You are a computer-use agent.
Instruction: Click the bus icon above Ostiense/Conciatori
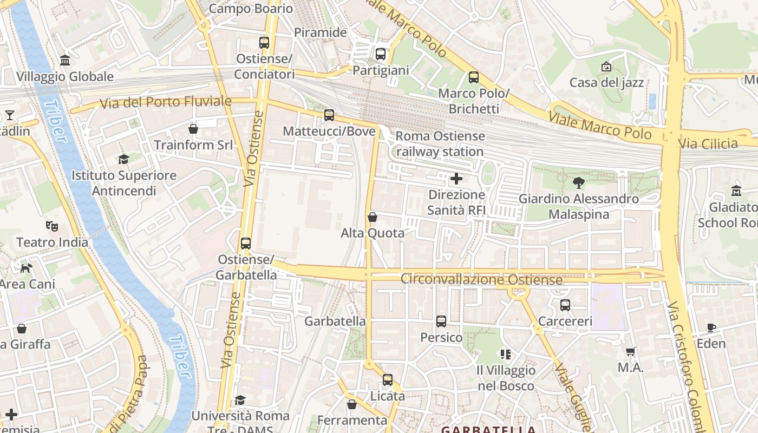pyautogui.click(x=264, y=42)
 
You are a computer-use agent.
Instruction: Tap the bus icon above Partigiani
pyautogui.click(x=381, y=54)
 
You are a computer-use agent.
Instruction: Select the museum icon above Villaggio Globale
pyautogui.click(x=65, y=60)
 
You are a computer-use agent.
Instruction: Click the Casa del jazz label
pyautogui.click(x=606, y=83)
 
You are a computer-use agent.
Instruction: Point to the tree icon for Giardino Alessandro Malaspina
pyautogui.click(x=579, y=183)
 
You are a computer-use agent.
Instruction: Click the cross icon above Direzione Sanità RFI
pyautogui.click(x=456, y=178)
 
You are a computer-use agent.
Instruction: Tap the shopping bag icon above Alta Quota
pyautogui.click(x=373, y=218)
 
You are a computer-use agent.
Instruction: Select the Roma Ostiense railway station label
pyautogui.click(x=440, y=144)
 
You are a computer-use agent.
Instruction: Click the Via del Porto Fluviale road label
pyautogui.click(x=166, y=102)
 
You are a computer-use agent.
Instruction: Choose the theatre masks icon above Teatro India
pyautogui.click(x=52, y=226)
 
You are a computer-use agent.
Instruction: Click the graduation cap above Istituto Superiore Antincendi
pyautogui.click(x=124, y=159)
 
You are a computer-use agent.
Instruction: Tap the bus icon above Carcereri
pyautogui.click(x=565, y=305)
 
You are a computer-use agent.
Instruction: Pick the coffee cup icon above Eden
pyautogui.click(x=711, y=327)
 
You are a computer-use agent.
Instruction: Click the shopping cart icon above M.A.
pyautogui.click(x=631, y=352)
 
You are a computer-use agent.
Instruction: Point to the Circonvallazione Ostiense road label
pyautogui.click(x=481, y=279)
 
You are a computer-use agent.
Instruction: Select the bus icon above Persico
pyautogui.click(x=441, y=322)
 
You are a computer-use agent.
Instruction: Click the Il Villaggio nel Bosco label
pyautogui.click(x=506, y=378)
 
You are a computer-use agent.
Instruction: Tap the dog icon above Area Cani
pyautogui.click(x=27, y=268)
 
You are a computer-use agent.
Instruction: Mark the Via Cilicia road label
pyautogui.click(x=708, y=144)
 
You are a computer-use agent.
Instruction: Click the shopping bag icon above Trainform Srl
pyautogui.click(x=193, y=129)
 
